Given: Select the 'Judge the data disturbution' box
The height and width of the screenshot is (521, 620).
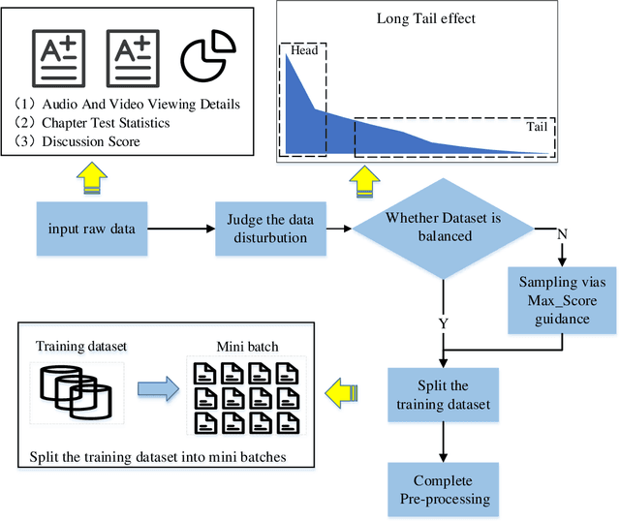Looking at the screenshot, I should point(269,229).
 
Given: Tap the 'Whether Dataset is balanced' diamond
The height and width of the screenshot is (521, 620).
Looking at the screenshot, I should point(442,229).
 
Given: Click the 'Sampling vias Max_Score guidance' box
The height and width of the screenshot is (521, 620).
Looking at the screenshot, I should point(562,301).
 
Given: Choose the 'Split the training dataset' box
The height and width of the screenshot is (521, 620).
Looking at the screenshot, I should point(442,393).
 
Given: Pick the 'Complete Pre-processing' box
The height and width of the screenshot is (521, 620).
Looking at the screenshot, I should point(442,489).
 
